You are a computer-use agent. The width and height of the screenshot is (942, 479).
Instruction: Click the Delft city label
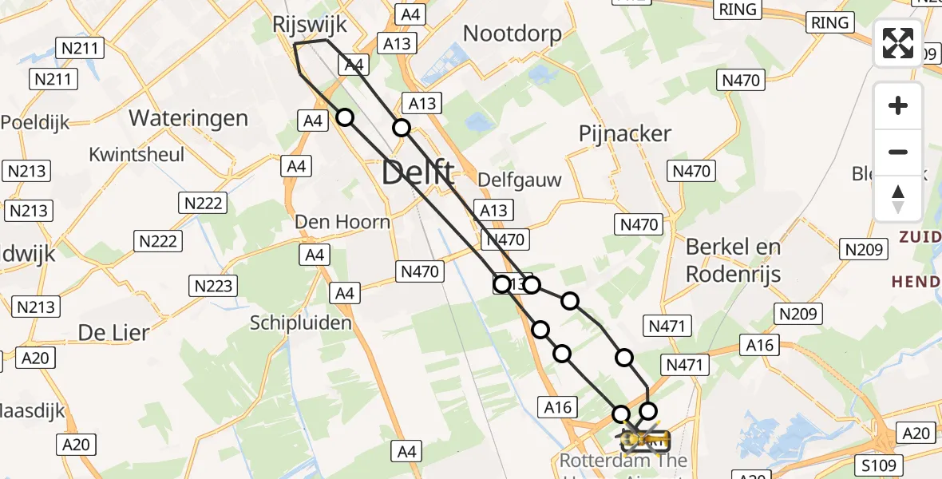pos(418,173)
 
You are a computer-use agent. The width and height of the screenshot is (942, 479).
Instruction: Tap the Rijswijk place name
pos(310,24)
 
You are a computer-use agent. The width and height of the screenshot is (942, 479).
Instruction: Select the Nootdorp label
pos(512,34)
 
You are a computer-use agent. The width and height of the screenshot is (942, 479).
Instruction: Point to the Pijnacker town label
pos(625,134)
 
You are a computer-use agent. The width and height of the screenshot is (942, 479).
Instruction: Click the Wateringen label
pos(188,118)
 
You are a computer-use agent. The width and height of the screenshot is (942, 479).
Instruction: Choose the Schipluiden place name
pos(301,323)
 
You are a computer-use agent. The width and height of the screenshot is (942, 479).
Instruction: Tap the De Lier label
pos(113,332)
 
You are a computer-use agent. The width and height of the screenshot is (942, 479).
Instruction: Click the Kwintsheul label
pos(137,154)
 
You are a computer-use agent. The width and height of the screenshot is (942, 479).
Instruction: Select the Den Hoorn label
pos(342,221)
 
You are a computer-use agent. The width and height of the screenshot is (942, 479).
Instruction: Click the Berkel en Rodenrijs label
pos(733,260)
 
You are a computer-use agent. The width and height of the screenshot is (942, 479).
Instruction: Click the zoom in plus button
pos(898,105)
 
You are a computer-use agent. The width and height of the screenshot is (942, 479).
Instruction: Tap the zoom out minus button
pos(898,152)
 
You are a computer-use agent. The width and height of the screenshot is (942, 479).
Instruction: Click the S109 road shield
pos(881,465)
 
